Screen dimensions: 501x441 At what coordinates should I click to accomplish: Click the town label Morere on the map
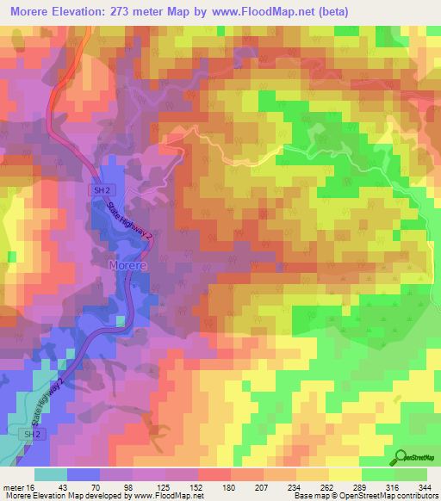click(x=128, y=266)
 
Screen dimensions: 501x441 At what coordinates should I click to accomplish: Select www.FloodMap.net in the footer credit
click(x=165, y=495)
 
